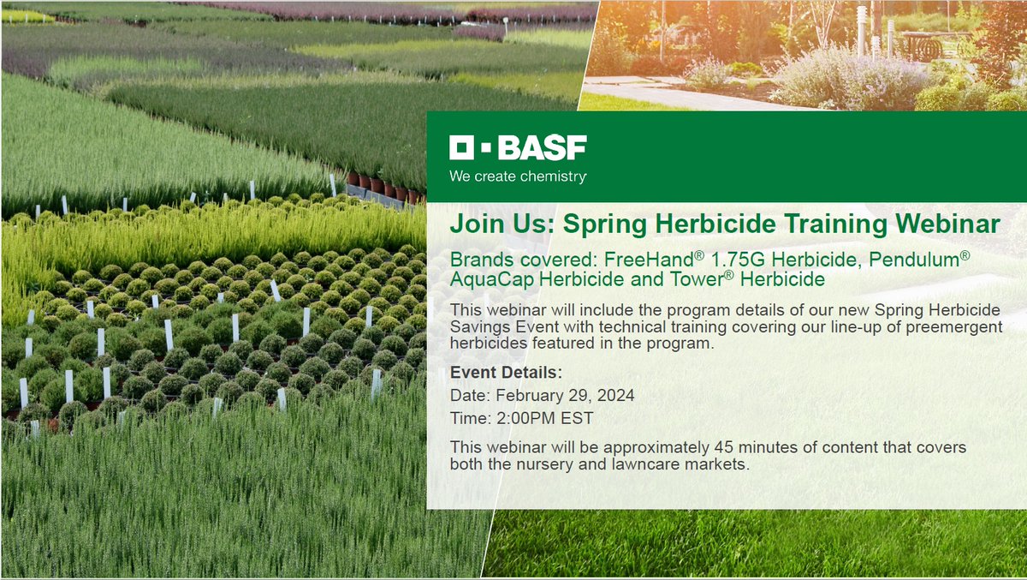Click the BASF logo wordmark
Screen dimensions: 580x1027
(542, 149)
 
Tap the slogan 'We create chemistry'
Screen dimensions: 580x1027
(518, 176)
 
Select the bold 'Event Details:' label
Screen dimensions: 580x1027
(506, 374)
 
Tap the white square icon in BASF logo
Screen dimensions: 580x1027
(462, 149)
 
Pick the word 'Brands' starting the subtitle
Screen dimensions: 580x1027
(479, 260)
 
